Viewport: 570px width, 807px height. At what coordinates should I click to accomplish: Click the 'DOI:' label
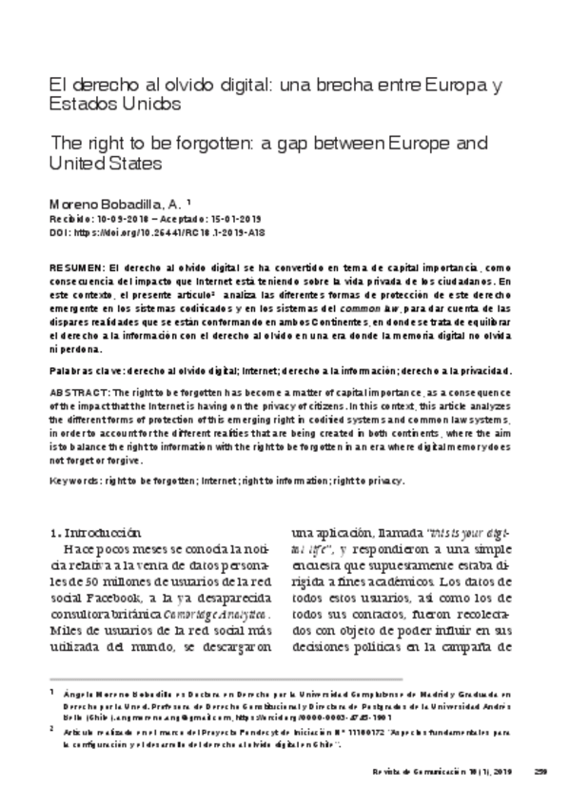coord(60,231)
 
